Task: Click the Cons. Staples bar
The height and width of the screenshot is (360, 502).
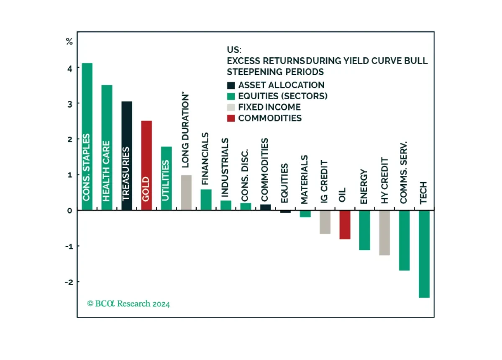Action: (x=87, y=136)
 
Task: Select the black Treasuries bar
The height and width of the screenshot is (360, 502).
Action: (x=127, y=156)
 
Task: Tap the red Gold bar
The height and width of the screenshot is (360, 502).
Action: (x=146, y=165)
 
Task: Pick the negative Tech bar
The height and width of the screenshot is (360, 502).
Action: (x=424, y=254)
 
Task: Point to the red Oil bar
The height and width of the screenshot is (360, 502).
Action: (x=345, y=225)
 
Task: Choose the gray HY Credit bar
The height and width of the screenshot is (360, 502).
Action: (x=384, y=233)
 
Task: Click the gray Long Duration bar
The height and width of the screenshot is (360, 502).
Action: (x=186, y=193)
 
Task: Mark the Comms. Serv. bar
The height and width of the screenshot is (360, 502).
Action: (x=404, y=240)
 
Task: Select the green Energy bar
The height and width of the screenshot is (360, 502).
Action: (x=365, y=230)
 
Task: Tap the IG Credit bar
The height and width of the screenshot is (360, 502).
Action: (x=325, y=222)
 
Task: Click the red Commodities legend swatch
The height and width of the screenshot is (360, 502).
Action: (x=231, y=118)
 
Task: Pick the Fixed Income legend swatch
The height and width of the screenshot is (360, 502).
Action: (x=231, y=107)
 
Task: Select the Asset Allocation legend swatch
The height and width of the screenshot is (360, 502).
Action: (x=231, y=85)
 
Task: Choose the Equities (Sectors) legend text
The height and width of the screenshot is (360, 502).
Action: (x=283, y=96)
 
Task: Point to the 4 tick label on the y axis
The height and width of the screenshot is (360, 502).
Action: (x=70, y=69)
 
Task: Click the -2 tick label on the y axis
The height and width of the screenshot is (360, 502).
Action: (x=69, y=282)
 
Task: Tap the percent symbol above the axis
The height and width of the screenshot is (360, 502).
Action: (x=69, y=41)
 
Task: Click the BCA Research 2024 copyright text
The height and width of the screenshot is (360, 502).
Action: (x=128, y=304)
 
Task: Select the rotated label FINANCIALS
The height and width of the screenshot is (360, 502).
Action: (x=205, y=159)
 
